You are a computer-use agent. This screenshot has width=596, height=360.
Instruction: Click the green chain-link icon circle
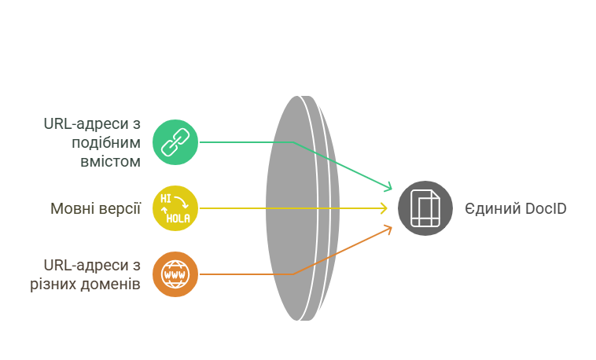[175, 142]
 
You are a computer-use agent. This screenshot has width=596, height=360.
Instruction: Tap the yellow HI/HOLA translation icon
[175, 208]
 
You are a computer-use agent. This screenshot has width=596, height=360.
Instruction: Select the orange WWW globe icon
[175, 274]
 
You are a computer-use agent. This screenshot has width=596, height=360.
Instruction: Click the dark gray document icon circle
[425, 208]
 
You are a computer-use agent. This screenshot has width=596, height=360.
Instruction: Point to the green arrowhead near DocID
[388, 186]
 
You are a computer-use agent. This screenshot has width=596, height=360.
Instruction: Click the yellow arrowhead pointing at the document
[384, 208]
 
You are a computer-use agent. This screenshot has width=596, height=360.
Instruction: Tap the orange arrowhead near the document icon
[388, 230]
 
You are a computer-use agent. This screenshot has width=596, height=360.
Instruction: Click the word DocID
[546, 209]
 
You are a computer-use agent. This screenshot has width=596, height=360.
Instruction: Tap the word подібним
[106, 142]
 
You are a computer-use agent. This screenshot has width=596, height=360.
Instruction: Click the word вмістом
[110, 162]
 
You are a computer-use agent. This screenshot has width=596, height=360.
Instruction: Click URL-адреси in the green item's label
[86, 124]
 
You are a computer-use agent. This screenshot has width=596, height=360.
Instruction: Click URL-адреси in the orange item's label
[86, 266]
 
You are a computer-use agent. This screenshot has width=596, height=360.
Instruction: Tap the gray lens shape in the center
[302, 208]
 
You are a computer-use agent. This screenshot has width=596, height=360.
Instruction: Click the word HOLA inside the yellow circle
[178, 219]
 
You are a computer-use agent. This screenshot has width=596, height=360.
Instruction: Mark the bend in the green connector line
[293, 142]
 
